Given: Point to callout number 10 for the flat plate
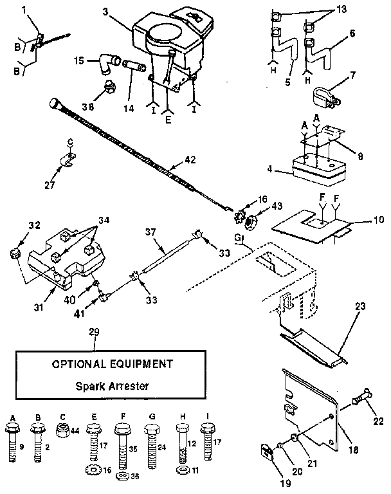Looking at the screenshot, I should coord(378,219).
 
